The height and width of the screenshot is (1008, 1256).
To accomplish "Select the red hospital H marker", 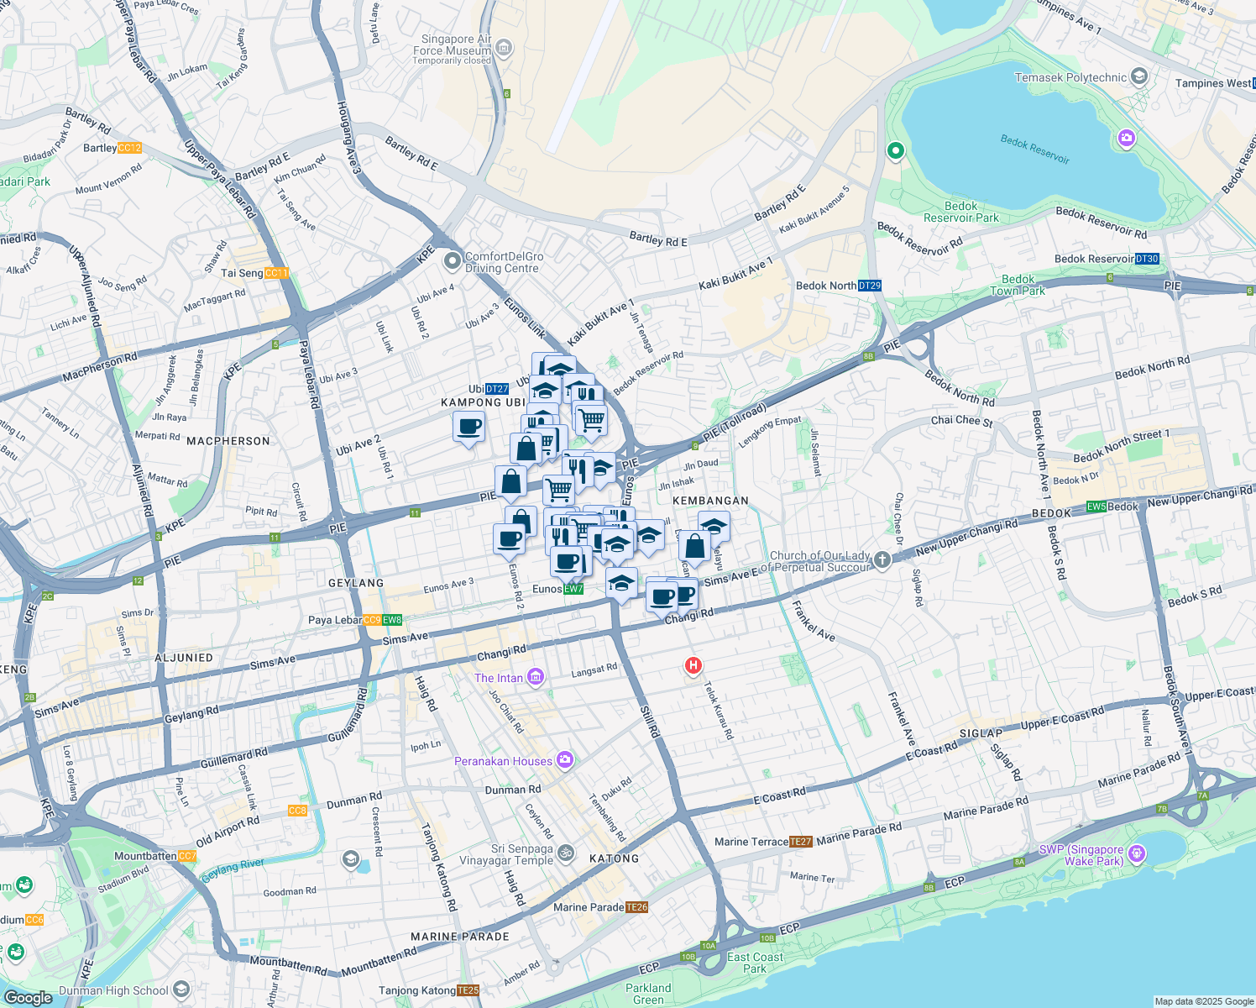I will (x=693, y=666).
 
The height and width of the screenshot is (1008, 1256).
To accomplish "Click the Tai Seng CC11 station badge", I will (x=276, y=273).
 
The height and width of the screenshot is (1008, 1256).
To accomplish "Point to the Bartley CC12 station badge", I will (x=130, y=148).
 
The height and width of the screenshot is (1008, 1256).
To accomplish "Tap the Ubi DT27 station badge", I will (x=497, y=389).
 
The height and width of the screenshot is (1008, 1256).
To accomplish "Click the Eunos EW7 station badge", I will (x=573, y=589).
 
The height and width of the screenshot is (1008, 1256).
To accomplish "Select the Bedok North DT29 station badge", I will (x=870, y=286).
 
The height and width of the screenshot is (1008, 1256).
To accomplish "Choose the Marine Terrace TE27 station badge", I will (x=801, y=842).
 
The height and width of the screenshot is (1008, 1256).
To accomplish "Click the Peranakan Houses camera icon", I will (x=565, y=760).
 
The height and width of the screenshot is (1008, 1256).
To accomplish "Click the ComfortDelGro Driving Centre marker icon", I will (x=453, y=262).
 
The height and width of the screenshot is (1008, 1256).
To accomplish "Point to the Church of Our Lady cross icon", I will (x=882, y=559).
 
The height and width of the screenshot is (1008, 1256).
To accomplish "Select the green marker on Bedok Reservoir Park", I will (x=895, y=151).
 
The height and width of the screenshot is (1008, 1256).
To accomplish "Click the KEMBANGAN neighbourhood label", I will (x=710, y=501).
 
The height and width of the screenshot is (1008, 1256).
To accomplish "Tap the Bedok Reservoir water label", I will (x=1034, y=150).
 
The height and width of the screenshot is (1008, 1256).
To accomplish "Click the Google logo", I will (x=28, y=997).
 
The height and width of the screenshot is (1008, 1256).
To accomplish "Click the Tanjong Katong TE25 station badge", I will (x=468, y=991).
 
